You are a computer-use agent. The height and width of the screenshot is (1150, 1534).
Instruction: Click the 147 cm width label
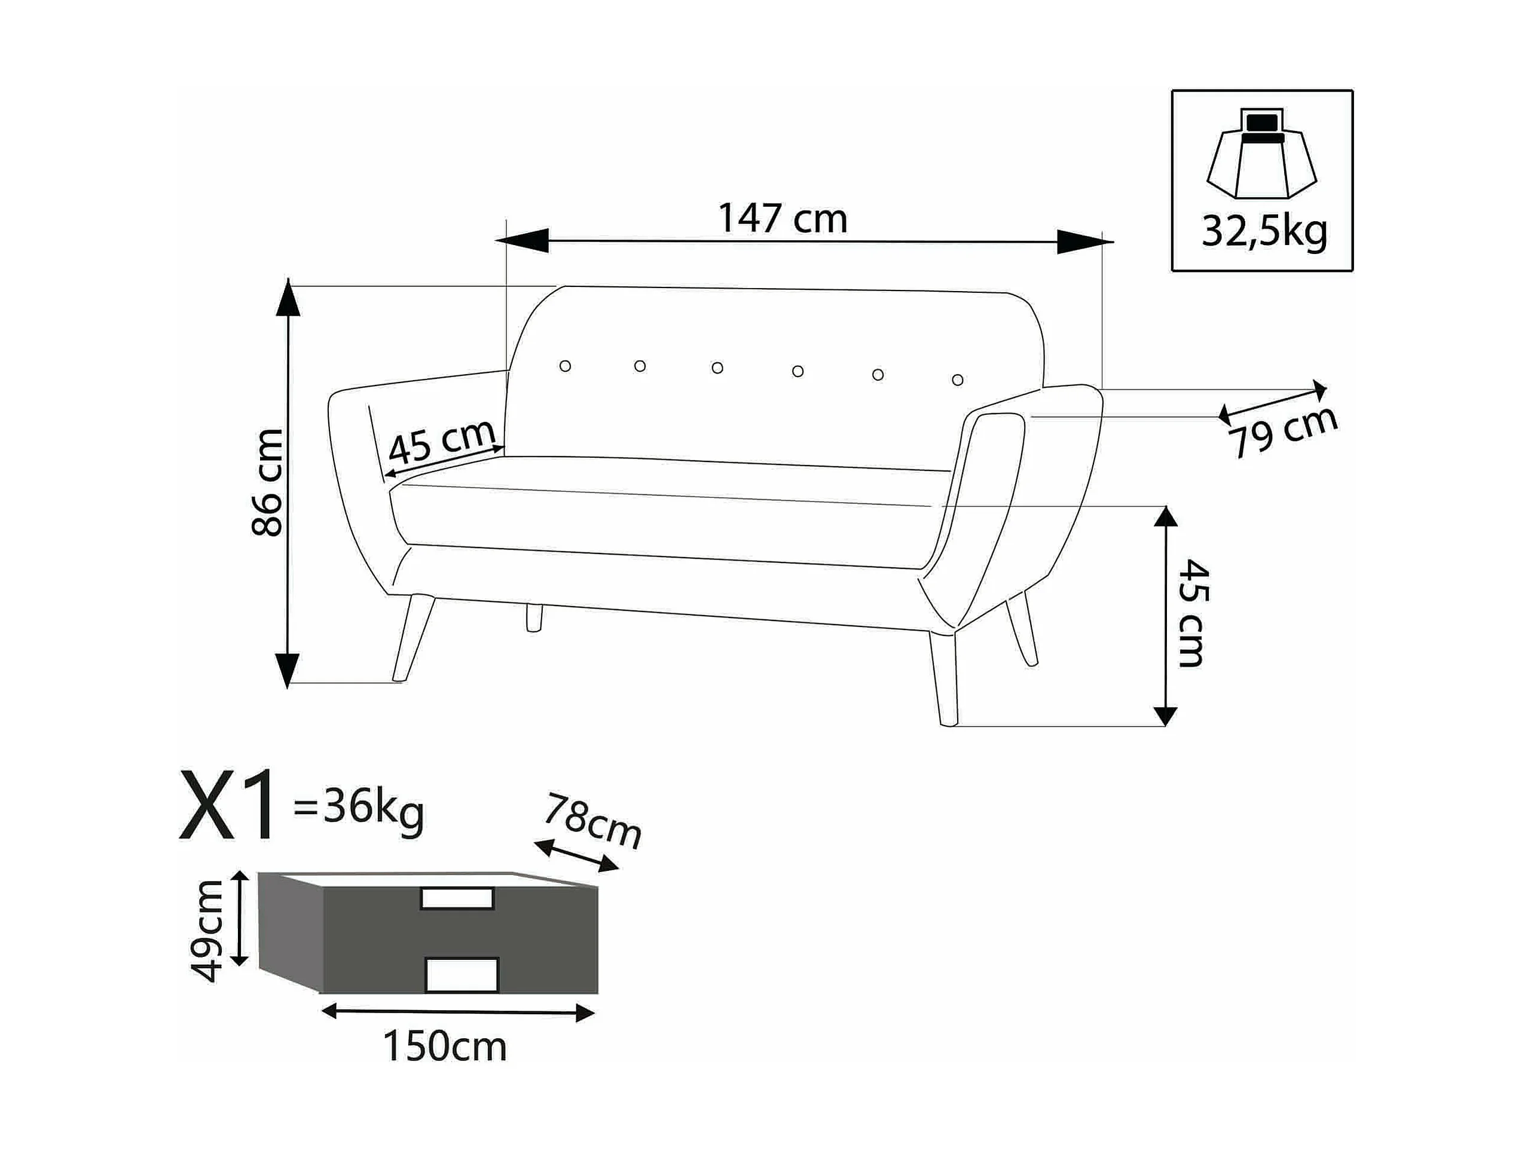pyautogui.click(x=783, y=218)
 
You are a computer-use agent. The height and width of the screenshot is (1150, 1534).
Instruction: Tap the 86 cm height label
pyautogui.click(x=267, y=482)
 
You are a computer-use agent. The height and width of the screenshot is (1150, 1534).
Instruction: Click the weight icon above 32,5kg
pyautogui.click(x=1261, y=153)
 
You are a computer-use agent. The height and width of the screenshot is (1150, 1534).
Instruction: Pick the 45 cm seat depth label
pyautogui.click(x=442, y=442)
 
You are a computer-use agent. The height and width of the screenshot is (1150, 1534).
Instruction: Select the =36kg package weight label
pyautogui.click(x=359, y=809)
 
